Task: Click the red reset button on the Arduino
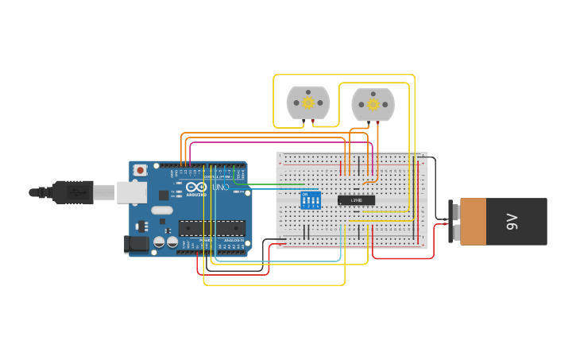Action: point(141,169)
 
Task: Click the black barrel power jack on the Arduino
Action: point(137,245)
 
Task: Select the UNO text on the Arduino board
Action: point(220,188)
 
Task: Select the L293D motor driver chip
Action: point(357,199)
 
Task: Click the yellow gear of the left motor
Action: point(307,103)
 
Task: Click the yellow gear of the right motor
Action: point(373,104)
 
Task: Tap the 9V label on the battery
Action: point(512,222)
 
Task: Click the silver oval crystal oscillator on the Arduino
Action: point(161,211)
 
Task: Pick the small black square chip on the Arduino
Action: point(164,195)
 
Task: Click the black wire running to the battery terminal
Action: point(434,183)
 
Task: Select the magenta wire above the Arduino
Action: point(278,143)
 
